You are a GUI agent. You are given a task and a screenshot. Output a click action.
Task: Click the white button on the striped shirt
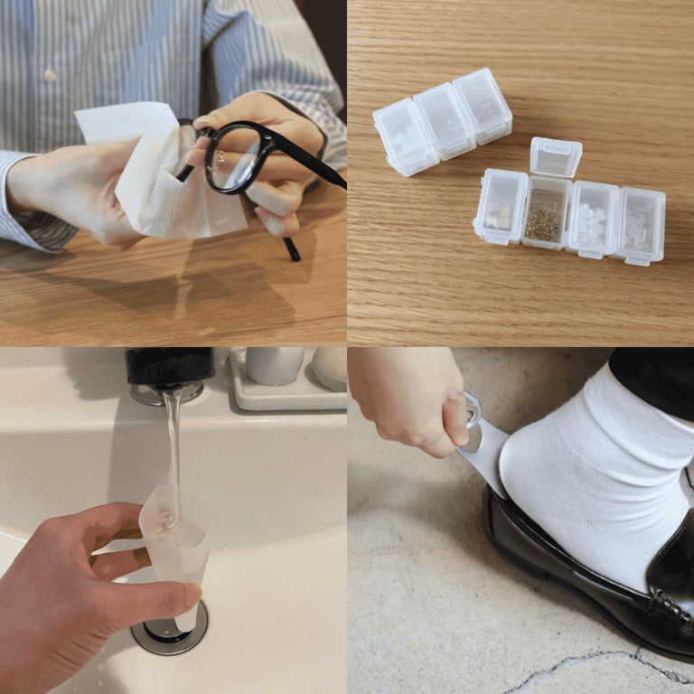pos(51,75)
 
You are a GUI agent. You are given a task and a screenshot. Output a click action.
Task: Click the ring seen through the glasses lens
pos(220,161)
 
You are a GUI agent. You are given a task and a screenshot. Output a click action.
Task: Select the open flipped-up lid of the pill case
pos(556,156)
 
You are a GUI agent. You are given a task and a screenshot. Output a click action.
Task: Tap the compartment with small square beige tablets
pos(500,208)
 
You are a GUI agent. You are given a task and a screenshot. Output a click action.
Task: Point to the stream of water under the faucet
pos(173,443)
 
